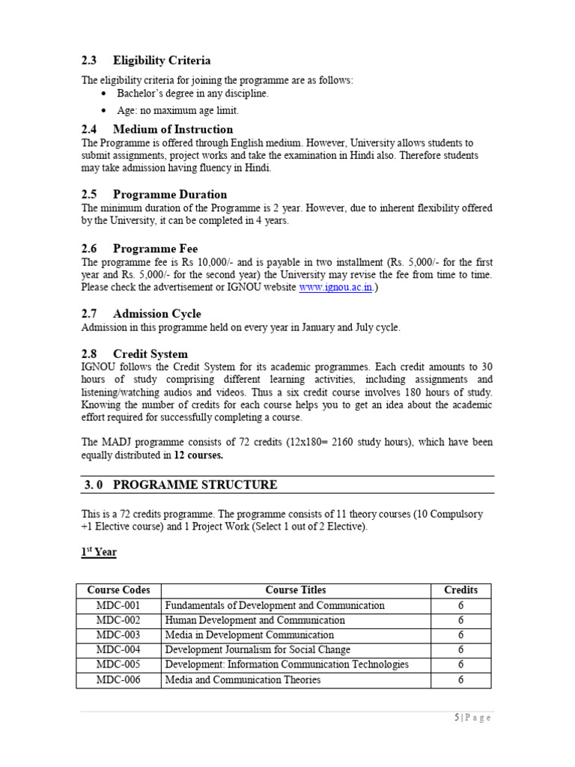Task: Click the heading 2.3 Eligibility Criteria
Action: tap(146, 61)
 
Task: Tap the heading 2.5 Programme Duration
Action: tap(154, 195)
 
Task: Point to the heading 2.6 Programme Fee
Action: tap(140, 248)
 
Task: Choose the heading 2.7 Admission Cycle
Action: tap(142, 314)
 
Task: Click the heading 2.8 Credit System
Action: tap(135, 354)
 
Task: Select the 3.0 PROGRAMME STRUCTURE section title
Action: tap(180, 485)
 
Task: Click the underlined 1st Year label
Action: tap(99, 552)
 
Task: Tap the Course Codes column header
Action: tap(118, 590)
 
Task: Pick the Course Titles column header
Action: tap(296, 590)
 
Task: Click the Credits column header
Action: tap(460, 590)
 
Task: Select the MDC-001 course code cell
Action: tap(118, 605)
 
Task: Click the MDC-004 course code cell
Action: tap(118, 650)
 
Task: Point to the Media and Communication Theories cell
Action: tap(243, 680)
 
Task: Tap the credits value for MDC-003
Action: tap(460, 635)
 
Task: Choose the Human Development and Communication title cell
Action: tap(255, 620)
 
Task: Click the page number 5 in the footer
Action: tap(457, 718)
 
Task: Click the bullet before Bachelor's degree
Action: tap(103, 94)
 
